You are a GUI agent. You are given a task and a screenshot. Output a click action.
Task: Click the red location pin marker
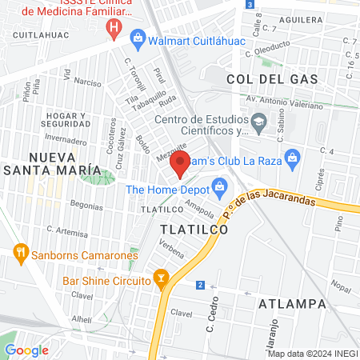tap(180, 163)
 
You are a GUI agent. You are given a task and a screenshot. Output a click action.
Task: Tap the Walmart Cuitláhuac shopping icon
tap(138, 37)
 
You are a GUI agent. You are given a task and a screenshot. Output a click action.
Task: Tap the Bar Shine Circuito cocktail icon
tap(162, 281)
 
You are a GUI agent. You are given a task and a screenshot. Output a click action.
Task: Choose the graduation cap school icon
tap(258, 124)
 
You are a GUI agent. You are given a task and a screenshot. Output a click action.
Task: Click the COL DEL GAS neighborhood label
tap(272, 79)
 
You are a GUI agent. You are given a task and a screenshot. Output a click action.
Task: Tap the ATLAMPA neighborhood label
tap(292, 304)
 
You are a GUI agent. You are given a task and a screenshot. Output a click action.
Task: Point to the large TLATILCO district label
tap(194, 229)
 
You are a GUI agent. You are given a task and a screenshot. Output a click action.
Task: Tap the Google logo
tap(26, 350)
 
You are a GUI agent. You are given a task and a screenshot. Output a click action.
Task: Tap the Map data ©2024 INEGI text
tap(311, 353)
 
